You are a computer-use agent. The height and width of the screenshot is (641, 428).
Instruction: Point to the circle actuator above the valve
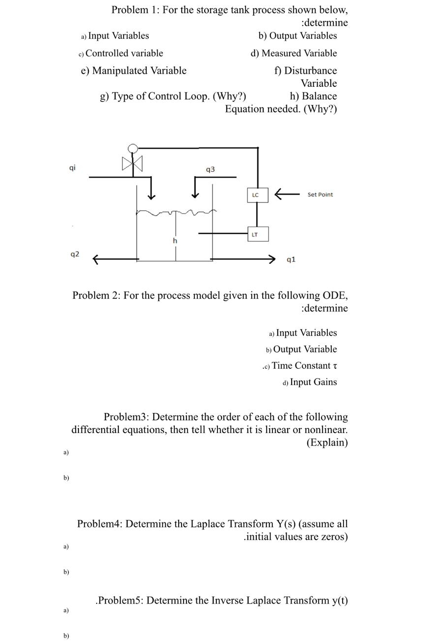[132, 149]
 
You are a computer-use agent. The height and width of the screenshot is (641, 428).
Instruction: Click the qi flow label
[72, 168]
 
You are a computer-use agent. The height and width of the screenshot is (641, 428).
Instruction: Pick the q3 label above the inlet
[210, 169]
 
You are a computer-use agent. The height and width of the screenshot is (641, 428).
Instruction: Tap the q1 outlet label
[291, 259]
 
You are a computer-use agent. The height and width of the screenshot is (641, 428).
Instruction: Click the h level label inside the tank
[174, 241]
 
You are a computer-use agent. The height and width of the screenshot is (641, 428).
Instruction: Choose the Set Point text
[320, 195]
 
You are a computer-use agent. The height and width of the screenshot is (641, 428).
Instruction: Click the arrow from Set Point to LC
[287, 195]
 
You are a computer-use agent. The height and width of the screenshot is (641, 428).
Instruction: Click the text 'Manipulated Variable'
[139, 71]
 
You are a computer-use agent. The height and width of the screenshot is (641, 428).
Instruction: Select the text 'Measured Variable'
[299, 53]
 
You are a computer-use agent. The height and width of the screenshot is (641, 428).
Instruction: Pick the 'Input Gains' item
[313, 382]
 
